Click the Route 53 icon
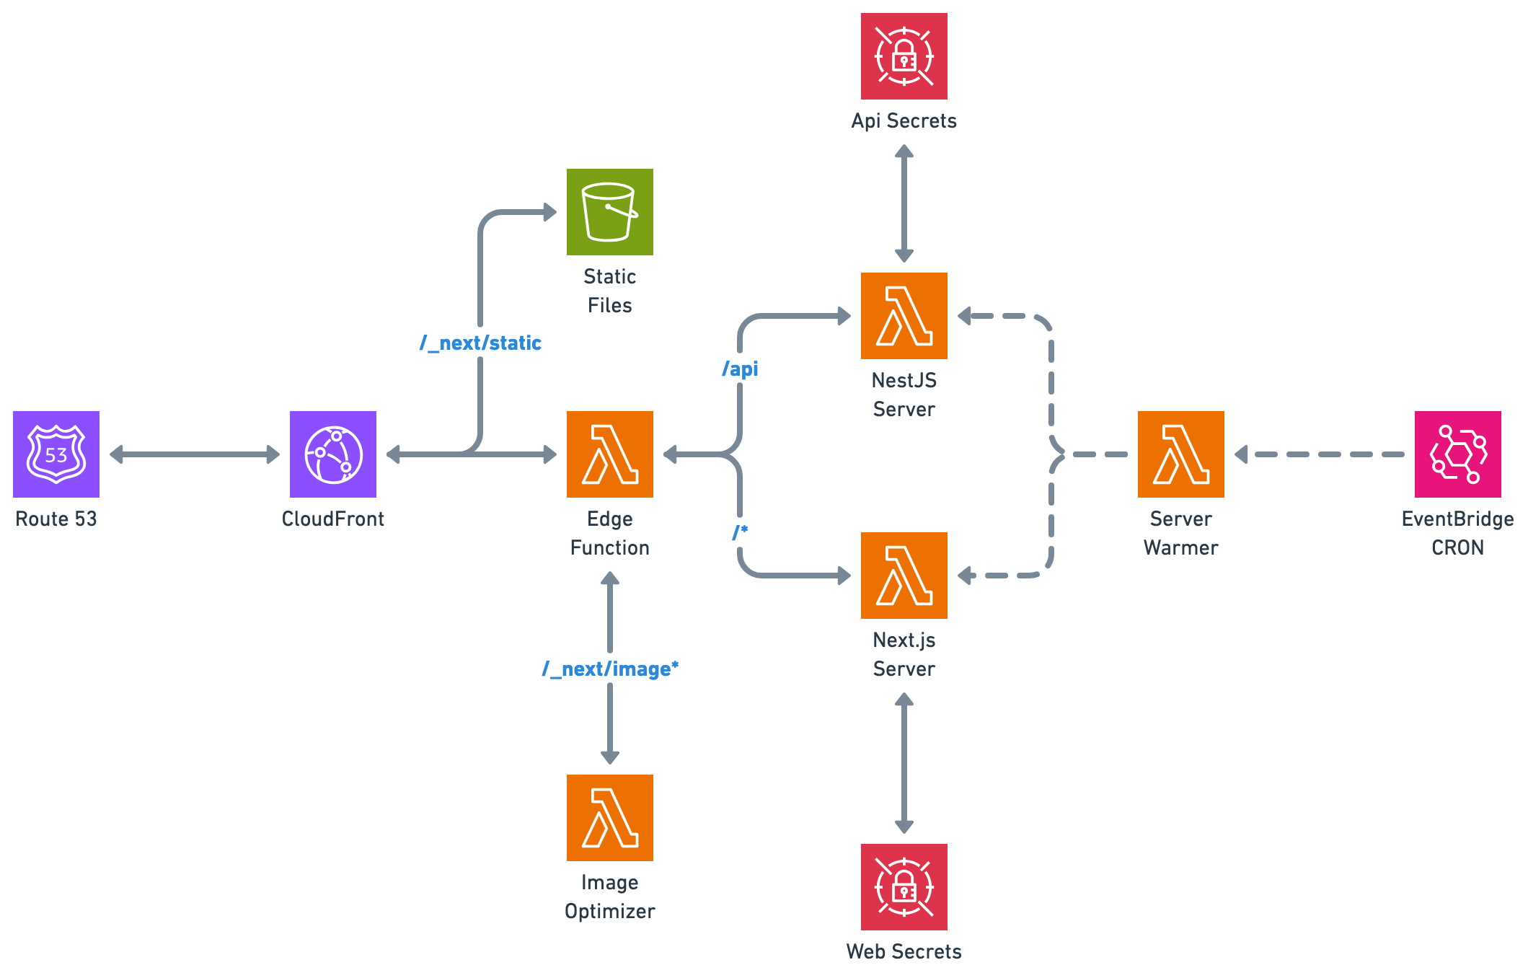(x=56, y=454)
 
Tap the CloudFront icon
(x=333, y=454)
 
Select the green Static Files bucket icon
(x=610, y=212)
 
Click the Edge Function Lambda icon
(x=610, y=454)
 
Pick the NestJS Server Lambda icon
(x=904, y=316)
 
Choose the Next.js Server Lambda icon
(x=904, y=576)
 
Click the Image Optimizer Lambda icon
(x=610, y=818)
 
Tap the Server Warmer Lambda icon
(x=1181, y=454)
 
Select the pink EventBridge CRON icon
(x=1458, y=454)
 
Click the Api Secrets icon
(x=904, y=56)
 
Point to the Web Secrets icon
(x=904, y=887)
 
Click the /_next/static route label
(x=480, y=343)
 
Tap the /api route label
(x=741, y=369)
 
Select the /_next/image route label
(x=610, y=669)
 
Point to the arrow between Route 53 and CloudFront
(x=195, y=454)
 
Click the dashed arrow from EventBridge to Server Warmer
(x=1320, y=454)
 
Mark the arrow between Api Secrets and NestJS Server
(x=904, y=203)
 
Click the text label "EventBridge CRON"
(x=1458, y=533)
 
